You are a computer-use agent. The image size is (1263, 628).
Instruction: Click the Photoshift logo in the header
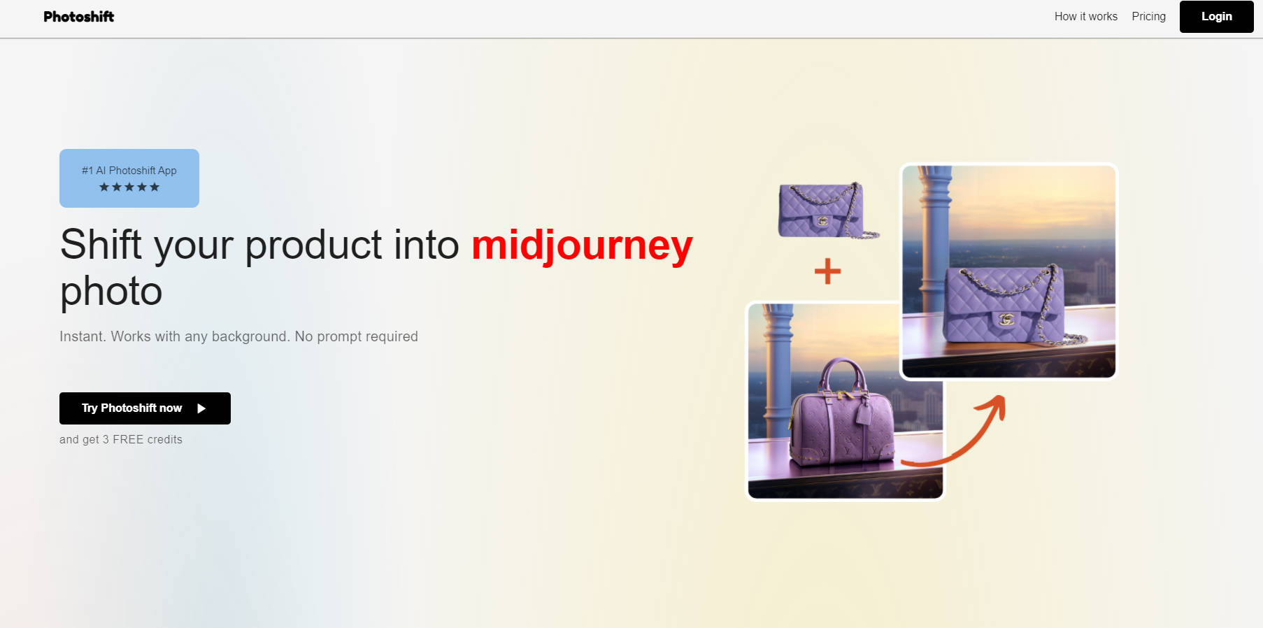tap(78, 17)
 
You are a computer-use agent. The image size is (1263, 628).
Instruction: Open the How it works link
tap(1085, 16)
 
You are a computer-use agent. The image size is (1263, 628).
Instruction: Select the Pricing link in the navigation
tap(1148, 16)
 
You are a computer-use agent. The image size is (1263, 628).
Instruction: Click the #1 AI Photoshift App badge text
tap(129, 171)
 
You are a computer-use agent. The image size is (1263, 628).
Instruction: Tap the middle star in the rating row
tap(129, 187)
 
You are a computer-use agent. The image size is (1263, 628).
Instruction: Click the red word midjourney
tap(582, 245)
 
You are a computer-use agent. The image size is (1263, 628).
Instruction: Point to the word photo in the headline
tap(111, 292)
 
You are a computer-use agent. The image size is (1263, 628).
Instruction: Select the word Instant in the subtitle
tap(82, 336)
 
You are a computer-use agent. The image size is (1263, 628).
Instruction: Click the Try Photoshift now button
tap(145, 408)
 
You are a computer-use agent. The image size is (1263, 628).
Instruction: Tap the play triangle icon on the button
tap(201, 408)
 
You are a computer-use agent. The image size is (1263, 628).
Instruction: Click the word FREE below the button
tap(128, 439)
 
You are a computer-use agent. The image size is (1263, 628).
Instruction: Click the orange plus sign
tap(827, 271)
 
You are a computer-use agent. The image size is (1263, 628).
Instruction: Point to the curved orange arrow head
tap(996, 406)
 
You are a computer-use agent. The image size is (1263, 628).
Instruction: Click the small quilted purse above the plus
tap(827, 210)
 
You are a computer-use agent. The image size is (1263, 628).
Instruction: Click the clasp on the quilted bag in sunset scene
tap(1006, 320)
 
